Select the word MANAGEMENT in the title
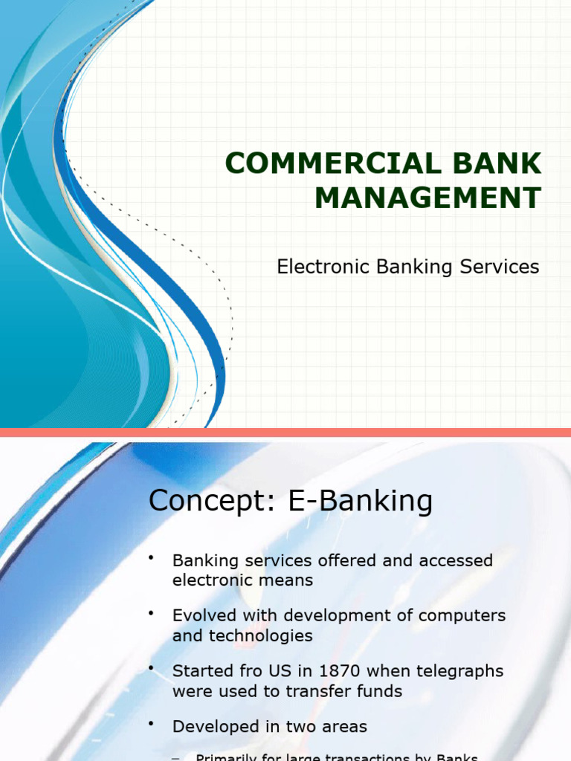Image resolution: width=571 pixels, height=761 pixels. click(428, 198)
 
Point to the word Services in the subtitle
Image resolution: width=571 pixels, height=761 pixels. click(501, 267)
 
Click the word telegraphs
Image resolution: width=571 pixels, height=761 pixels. click(458, 671)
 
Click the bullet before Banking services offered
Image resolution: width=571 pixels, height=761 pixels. click(152, 557)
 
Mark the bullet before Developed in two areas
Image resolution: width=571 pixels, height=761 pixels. click(152, 723)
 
